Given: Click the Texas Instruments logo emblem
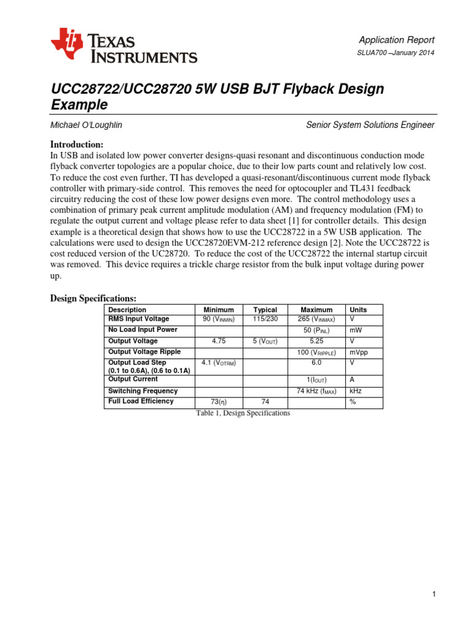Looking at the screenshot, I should (66, 45).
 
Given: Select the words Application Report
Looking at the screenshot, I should (397, 40).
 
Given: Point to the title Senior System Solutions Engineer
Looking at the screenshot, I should (370, 125).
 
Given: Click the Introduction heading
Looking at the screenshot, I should (76, 144).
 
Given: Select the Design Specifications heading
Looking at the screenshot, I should (92, 298).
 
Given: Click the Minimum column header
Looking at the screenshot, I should (218, 310).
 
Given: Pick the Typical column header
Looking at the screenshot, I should (265, 310).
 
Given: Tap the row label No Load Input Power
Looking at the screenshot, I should (143, 329).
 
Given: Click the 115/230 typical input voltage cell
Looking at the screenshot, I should (265, 319).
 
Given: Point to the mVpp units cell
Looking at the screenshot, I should (358, 352).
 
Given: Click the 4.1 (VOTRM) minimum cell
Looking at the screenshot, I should (218, 362).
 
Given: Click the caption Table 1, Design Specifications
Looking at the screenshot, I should (243, 413).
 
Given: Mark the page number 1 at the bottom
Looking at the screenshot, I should (433, 594).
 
